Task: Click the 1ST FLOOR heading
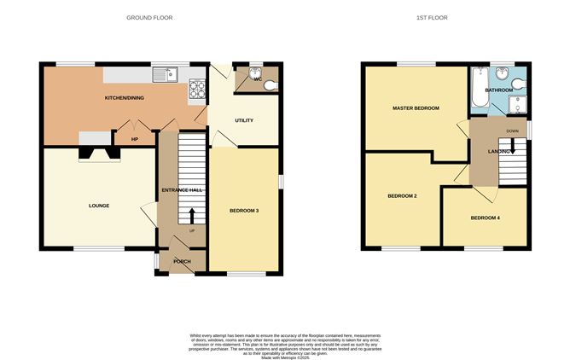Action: click(x=432, y=17)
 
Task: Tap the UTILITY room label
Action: click(x=244, y=120)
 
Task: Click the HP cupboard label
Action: click(x=134, y=139)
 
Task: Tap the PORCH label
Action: click(x=182, y=261)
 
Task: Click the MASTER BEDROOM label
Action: click(x=416, y=108)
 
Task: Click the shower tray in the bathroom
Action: click(x=520, y=105)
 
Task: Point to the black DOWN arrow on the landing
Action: click(x=512, y=144)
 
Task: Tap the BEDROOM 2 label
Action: click(x=402, y=196)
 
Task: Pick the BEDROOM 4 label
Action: click(x=486, y=218)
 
